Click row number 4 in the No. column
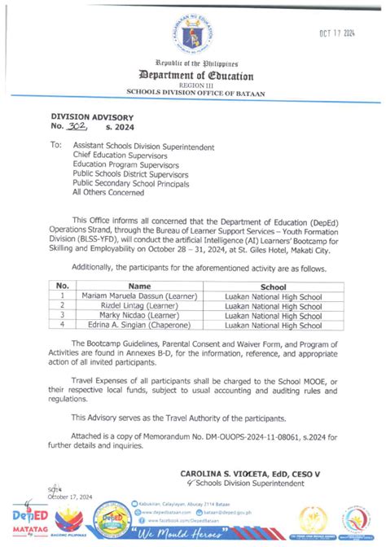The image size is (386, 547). pyautogui.click(x=61, y=326)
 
